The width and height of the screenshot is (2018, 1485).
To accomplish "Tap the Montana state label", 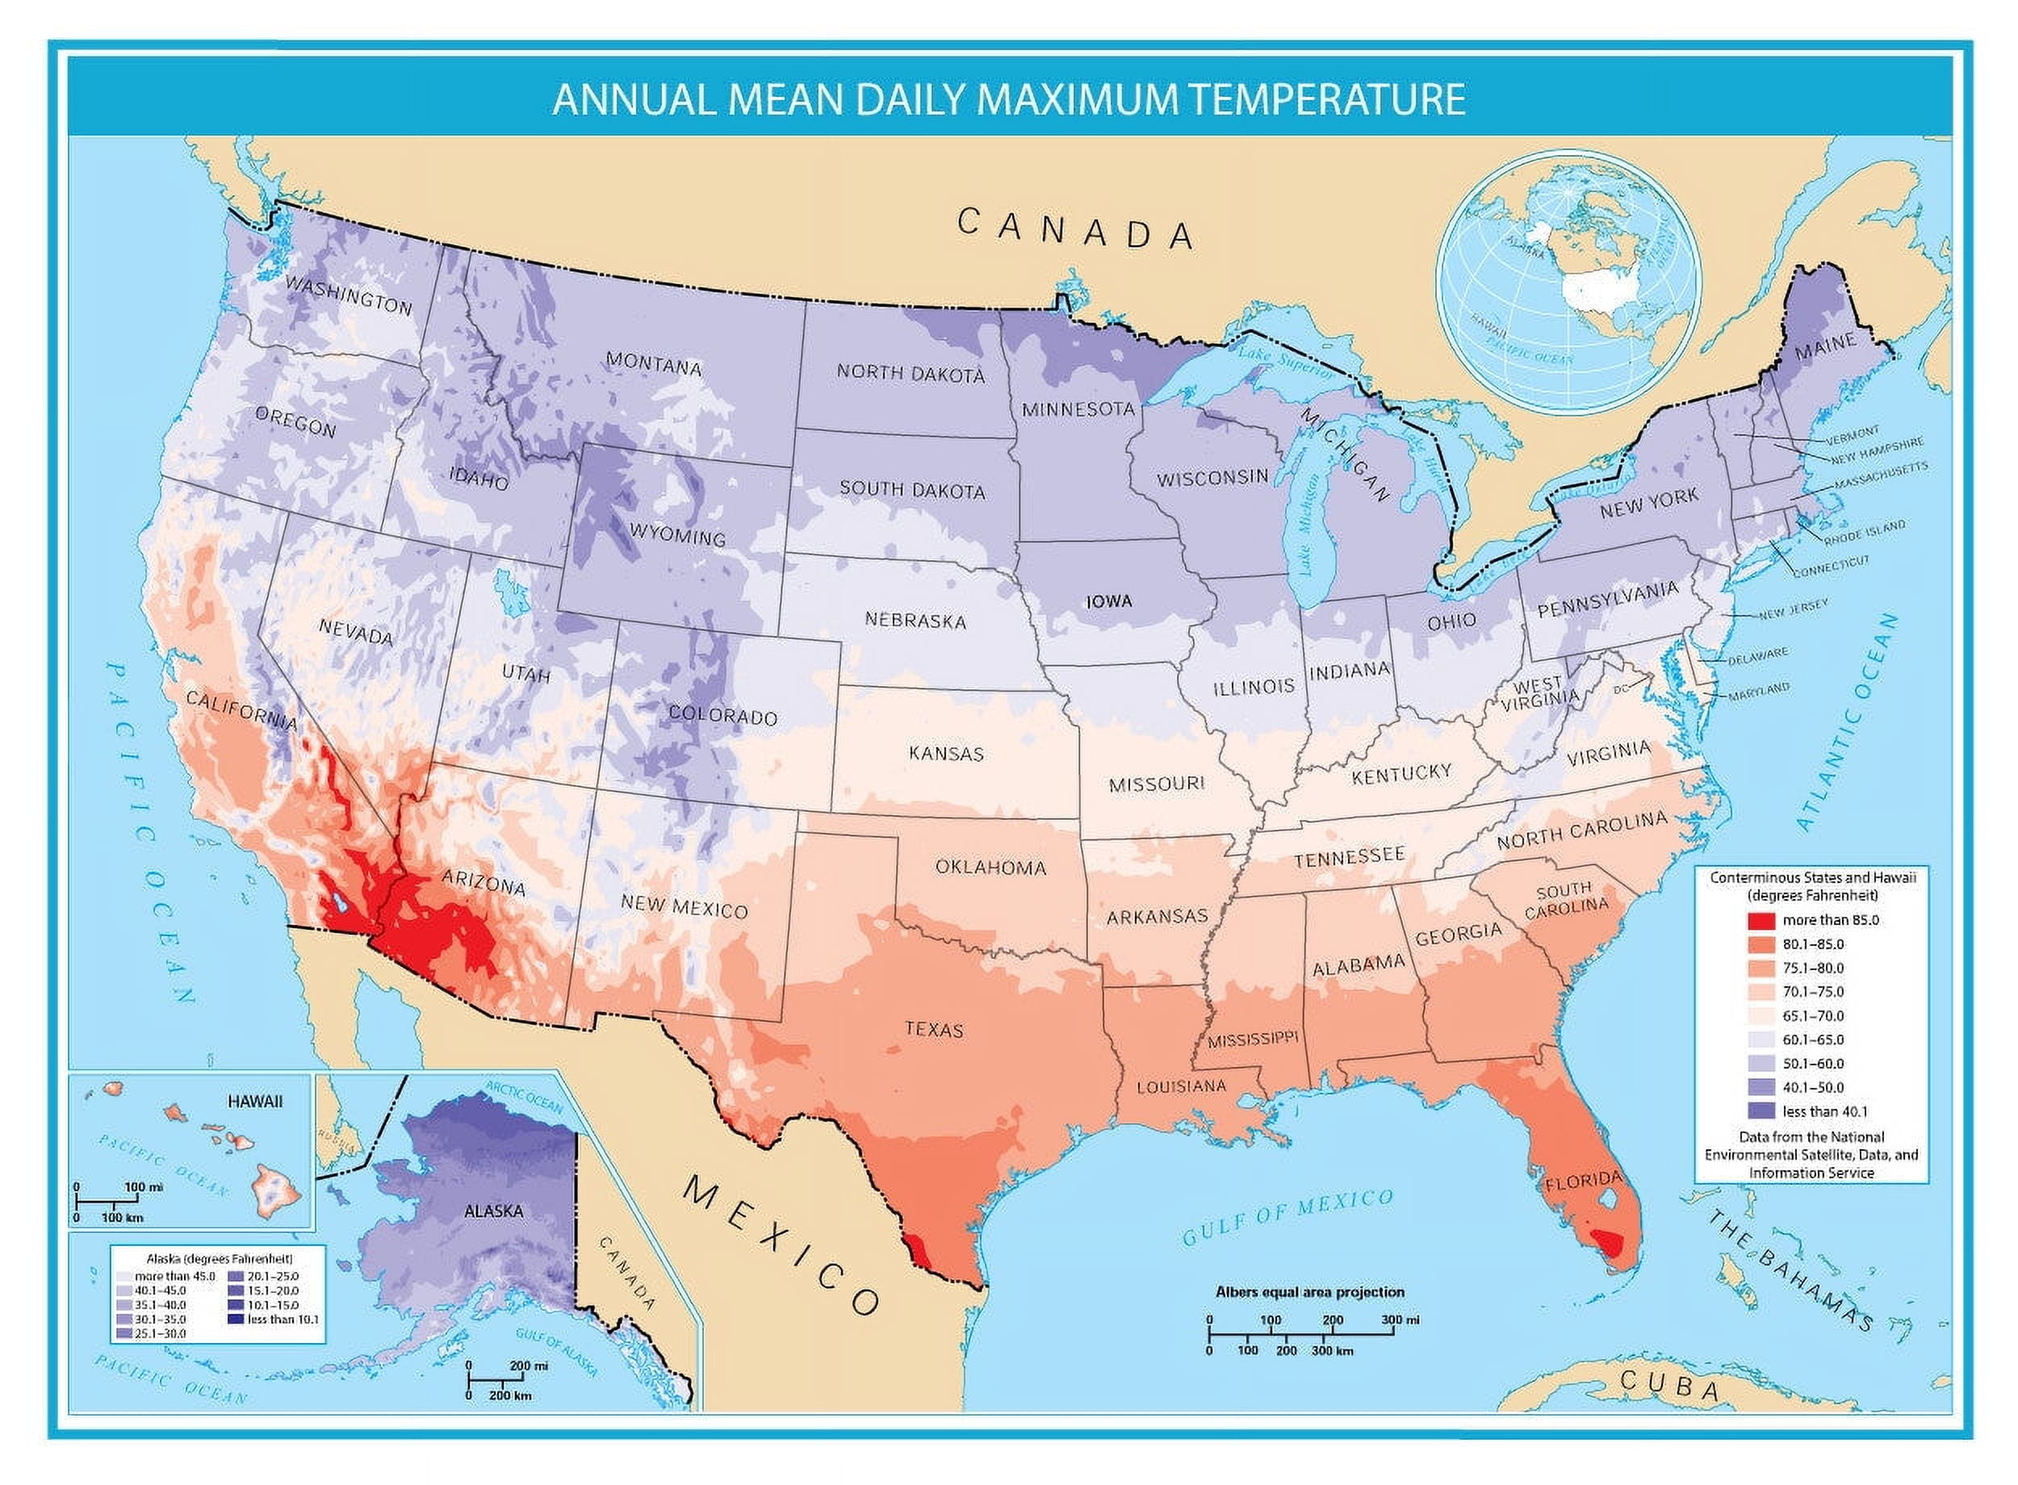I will click(x=654, y=364).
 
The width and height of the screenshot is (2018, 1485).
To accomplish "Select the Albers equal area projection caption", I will click(x=1308, y=1292).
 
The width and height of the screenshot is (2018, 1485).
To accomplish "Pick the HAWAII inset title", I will click(x=255, y=1101).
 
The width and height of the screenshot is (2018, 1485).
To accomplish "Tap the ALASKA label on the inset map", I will click(x=493, y=1211).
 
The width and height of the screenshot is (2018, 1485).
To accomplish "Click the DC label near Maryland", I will click(x=1621, y=689).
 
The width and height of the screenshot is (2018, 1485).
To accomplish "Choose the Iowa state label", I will click(x=1108, y=601).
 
